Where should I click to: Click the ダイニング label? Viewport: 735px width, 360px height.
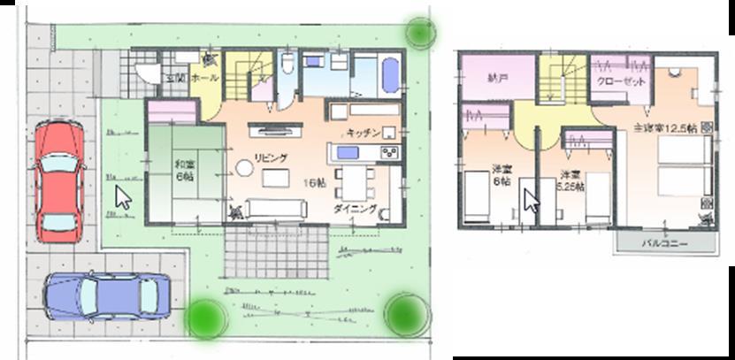tap(355, 209)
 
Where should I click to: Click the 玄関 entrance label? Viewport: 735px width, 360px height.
tap(175, 78)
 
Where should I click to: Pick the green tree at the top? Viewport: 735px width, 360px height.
tap(421, 32)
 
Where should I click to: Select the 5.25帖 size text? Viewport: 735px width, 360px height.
tap(570, 187)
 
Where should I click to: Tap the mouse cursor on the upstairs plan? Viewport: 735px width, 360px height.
tap(531, 199)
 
